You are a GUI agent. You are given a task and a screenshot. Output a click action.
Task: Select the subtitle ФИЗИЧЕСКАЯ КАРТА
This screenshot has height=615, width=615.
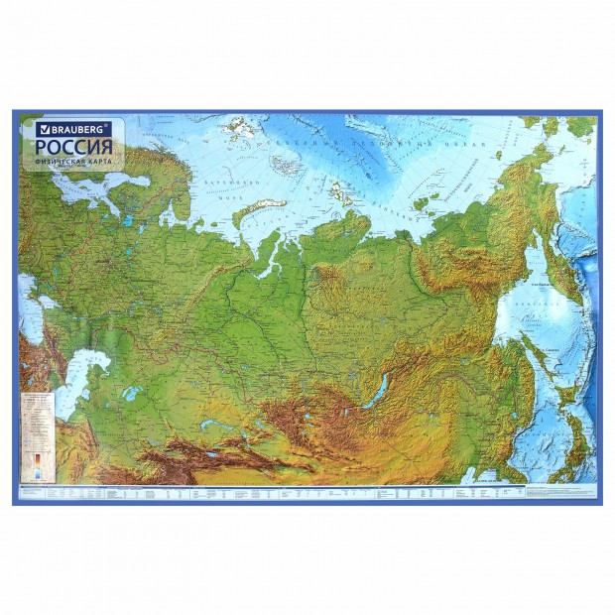pyautogui.click(x=72, y=161)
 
